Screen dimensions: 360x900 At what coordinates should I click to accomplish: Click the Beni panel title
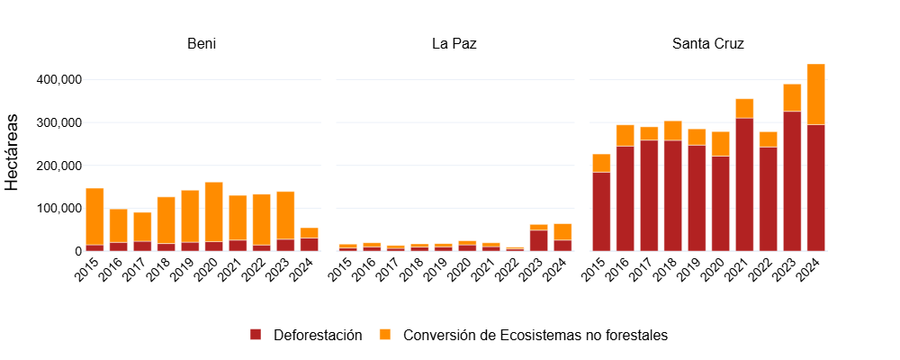pos(202,44)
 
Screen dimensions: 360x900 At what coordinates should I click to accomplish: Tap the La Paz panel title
pos(454,44)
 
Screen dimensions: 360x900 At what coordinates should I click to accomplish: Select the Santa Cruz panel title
pos(707,44)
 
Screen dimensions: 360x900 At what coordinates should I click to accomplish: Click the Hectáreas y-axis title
pos(13,151)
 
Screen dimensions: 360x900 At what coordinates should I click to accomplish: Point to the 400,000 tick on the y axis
pos(57,79)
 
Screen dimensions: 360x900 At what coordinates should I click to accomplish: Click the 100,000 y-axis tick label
pos(57,208)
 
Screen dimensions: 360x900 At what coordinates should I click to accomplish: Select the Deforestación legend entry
pos(307,335)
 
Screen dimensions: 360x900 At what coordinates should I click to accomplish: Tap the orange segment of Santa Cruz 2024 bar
pos(815,94)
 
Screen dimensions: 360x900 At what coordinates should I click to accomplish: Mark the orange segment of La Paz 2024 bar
pos(562,231)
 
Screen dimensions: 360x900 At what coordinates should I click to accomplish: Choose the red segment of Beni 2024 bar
pos(310,244)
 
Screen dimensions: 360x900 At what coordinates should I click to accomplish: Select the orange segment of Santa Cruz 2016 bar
pos(625,135)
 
